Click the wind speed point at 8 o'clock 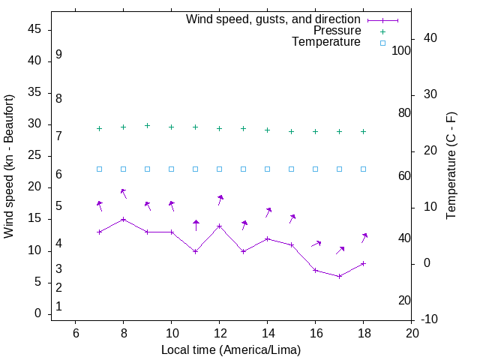(123, 219)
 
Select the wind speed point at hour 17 (339, 276)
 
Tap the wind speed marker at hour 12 (219, 226)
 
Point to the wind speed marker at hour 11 (195, 251)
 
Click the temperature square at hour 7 (99, 169)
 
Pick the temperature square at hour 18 (363, 169)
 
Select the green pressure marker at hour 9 (147, 126)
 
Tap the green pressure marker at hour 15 (291, 131)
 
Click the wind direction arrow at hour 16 (316, 244)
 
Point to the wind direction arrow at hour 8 (124, 194)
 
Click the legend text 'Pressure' (337, 31)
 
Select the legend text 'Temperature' (326, 43)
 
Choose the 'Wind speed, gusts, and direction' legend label (274, 19)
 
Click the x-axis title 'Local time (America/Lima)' (231, 349)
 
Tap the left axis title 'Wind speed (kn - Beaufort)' (9, 166)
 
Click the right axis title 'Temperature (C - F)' (451, 166)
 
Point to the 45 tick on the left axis (35, 30)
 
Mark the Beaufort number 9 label (58, 55)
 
